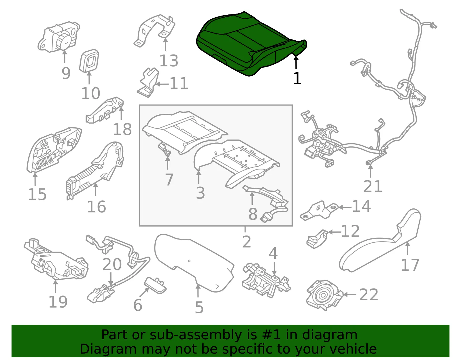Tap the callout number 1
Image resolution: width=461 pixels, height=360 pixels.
[x=297, y=78]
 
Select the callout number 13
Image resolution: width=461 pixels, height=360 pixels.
[x=169, y=61]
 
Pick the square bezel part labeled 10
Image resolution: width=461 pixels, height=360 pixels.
[x=89, y=61]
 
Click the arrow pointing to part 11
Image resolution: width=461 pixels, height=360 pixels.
[x=162, y=84]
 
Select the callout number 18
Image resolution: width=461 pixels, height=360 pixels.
[x=122, y=129]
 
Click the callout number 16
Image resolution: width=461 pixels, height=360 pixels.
[x=97, y=207]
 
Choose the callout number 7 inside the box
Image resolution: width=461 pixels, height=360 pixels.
[x=169, y=180]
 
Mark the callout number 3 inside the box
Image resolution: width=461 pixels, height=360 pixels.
[x=201, y=193]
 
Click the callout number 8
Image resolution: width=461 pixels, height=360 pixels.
[x=253, y=214]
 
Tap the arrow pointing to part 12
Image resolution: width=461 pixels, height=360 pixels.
[x=335, y=232]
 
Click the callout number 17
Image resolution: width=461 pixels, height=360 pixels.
[x=410, y=265]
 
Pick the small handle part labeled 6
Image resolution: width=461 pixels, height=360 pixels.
[x=155, y=285]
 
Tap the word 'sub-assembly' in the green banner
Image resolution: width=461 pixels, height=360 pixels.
[x=196, y=335]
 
